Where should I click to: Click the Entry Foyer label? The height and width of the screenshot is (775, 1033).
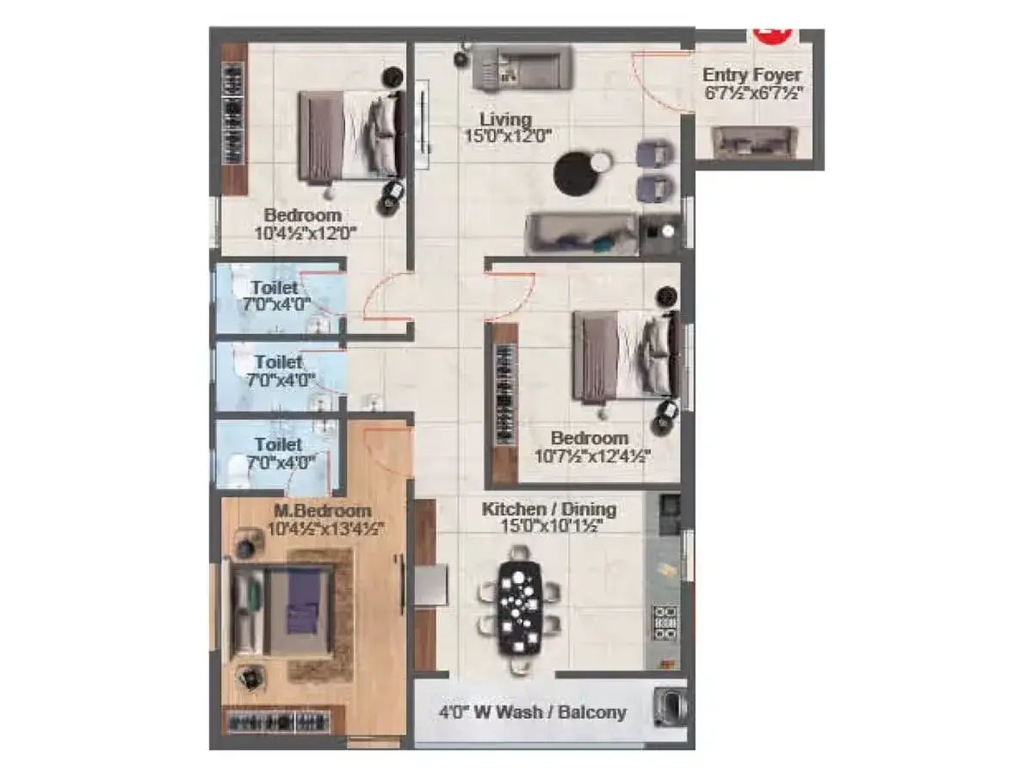click(x=752, y=75)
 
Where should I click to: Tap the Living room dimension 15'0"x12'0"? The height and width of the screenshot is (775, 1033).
click(x=508, y=136)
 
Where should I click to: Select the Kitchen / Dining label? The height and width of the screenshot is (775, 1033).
click(x=548, y=509)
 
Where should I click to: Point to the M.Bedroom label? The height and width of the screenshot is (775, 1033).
click(x=323, y=511)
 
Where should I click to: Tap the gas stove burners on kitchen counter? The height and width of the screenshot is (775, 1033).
click(x=665, y=623)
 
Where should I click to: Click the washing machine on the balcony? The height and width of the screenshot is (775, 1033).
click(x=670, y=708)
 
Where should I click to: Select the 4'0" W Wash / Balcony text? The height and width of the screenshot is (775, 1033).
click(x=533, y=712)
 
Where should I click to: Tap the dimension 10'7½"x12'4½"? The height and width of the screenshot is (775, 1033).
click(x=592, y=456)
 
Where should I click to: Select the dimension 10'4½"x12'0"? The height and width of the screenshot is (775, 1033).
click(x=306, y=233)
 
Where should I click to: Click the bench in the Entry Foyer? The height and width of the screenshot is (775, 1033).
click(x=755, y=142)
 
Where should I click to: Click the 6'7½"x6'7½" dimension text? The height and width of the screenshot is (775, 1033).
click(x=752, y=93)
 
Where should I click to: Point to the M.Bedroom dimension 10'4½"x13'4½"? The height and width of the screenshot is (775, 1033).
click(x=325, y=529)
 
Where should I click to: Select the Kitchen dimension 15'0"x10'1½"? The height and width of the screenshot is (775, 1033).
click(x=551, y=526)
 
